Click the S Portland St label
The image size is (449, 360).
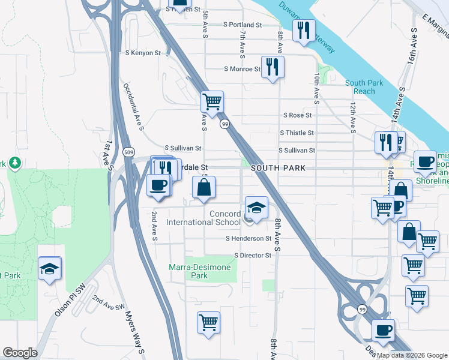[x=243, y=25]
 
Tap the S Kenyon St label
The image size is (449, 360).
[x=143, y=53]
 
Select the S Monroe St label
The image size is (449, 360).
[x=242, y=69]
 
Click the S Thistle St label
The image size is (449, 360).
[x=297, y=133]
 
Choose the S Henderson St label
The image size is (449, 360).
[x=249, y=238]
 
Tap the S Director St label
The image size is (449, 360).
[x=253, y=255]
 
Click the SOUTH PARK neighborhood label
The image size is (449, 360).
[x=279, y=169]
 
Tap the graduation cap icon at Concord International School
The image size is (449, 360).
[x=256, y=208]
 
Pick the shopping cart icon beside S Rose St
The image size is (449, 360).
[x=212, y=101]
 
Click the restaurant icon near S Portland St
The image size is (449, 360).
[x=304, y=29]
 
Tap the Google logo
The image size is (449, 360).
[x=20, y=353]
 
